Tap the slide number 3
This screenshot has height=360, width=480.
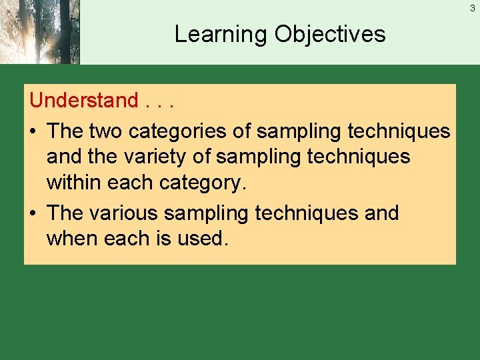472,9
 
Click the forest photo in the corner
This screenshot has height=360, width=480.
39,32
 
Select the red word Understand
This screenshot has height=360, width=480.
83,101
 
